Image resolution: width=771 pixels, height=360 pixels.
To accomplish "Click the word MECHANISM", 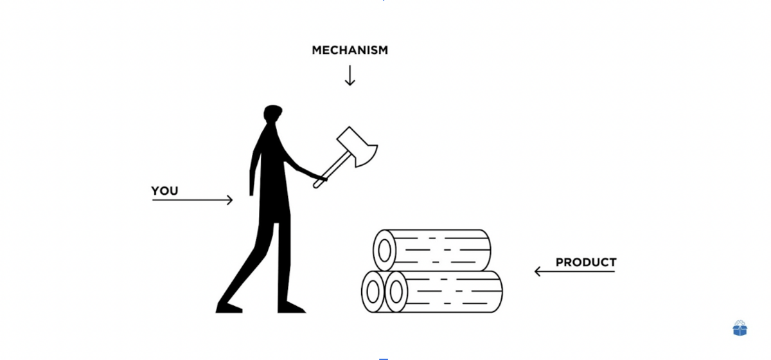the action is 350,50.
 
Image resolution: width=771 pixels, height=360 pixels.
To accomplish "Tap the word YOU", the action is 164,190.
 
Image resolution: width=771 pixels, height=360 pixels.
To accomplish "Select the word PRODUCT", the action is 586,262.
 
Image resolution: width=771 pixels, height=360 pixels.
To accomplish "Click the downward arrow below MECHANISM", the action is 350,75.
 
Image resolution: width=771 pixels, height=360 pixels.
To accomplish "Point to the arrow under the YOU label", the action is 192,200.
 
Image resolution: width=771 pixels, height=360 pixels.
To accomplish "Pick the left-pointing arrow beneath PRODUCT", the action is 574,271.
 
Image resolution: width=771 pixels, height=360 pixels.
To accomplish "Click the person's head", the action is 272,113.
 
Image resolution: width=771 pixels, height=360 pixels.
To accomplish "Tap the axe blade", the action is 358,147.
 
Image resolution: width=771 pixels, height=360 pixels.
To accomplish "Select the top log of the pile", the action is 432,250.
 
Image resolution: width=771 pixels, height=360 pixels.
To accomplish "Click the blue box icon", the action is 740,328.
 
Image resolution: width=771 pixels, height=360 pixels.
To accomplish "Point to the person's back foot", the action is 229,308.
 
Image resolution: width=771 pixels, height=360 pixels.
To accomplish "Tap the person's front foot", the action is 291,307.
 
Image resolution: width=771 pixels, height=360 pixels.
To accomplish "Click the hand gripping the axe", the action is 321,178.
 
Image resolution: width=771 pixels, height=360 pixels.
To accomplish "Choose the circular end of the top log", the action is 384,250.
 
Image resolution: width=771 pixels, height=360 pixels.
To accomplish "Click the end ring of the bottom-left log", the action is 373,292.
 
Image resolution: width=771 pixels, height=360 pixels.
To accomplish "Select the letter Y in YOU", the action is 155,190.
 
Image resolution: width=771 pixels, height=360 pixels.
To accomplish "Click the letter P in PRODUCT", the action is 560,262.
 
